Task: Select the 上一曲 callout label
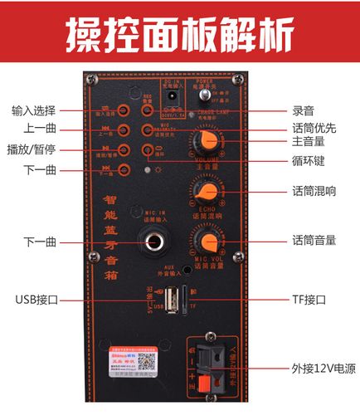point(40,129)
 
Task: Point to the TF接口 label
point(310,299)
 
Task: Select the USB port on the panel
point(169,300)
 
